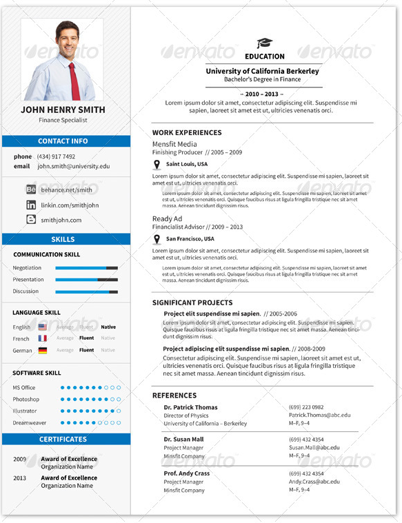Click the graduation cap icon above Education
pos(264,43)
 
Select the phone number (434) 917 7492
pos(57,156)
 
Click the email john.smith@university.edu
pos(74,166)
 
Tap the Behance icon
pos(31,189)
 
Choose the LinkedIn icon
pos(31,205)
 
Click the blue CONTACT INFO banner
pos(66,141)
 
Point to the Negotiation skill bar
pos(86,268)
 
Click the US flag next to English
pos(43,327)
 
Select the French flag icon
pos(43,339)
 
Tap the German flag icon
pos(43,351)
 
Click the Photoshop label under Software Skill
pos(26,400)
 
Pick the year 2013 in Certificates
pos(19,478)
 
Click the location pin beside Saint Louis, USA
pos(157,165)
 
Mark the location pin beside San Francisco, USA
pos(157,239)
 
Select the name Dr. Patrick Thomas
pos(190,407)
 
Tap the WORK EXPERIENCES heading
pos(187,132)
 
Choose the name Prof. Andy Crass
pos(186,473)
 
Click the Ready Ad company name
pos(167,218)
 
